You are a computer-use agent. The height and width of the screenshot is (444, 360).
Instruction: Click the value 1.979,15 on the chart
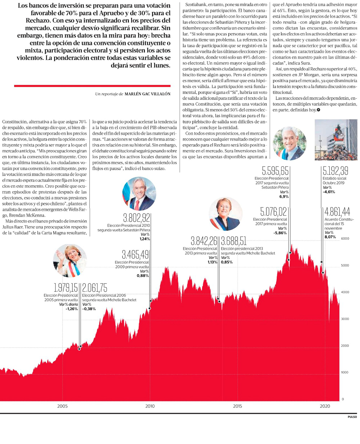[66, 288]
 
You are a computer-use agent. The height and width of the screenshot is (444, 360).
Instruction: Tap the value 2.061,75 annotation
[95, 288]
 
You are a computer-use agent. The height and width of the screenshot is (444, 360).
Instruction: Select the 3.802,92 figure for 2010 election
[136, 218]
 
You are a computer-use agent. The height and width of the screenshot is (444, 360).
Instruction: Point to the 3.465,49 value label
[135, 255]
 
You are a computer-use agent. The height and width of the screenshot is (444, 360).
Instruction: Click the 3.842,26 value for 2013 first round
[204, 241]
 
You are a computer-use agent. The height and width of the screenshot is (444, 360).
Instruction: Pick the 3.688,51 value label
[234, 241]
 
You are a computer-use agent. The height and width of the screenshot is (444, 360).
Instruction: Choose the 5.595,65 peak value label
[275, 171]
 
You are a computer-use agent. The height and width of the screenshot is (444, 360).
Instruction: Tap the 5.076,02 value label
[274, 212]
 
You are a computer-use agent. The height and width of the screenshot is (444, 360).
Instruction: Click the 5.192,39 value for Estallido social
[336, 171]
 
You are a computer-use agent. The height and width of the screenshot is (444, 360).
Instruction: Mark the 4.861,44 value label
[337, 212]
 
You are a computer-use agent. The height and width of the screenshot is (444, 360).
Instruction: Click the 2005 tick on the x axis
[62, 406]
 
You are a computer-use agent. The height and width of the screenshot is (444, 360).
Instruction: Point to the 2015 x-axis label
[237, 406]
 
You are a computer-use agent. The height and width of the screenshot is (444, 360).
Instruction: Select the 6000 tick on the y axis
[345, 239]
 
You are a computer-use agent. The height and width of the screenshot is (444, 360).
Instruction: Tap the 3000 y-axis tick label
[345, 319]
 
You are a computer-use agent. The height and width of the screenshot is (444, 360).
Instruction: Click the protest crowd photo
[336, 140]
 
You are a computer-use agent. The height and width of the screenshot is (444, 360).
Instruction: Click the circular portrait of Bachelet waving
[70, 260]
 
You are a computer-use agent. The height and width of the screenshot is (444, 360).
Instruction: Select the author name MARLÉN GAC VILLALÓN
[147, 94]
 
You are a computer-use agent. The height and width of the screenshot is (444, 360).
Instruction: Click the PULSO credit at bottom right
[352, 417]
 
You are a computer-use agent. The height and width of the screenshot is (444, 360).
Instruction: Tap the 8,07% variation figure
[330, 237]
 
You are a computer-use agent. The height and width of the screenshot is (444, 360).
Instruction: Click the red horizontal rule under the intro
[92, 86]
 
